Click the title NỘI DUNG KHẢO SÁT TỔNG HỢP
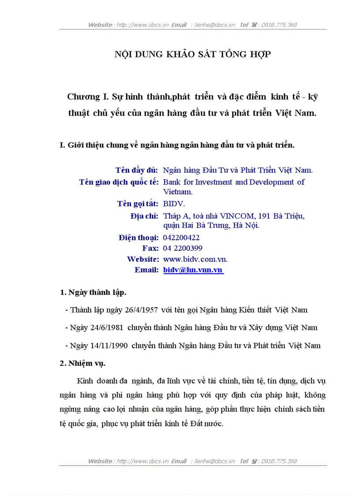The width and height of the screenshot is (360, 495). (192, 55)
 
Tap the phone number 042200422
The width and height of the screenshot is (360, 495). (181, 238)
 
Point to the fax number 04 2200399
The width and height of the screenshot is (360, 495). (183, 249)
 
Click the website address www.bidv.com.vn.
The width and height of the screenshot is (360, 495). (195, 259)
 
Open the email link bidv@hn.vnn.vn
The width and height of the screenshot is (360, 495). (193, 270)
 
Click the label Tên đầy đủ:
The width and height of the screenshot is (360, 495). (137, 170)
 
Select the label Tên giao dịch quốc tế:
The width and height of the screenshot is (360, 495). (119, 182)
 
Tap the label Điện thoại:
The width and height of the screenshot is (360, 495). (139, 238)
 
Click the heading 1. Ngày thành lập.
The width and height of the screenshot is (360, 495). (93, 292)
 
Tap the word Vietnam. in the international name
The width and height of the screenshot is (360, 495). (178, 192)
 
